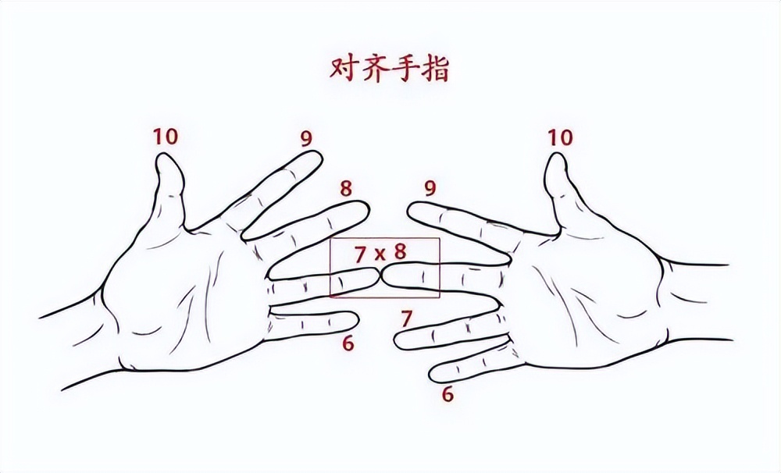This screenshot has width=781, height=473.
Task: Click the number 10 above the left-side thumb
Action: click(x=166, y=137)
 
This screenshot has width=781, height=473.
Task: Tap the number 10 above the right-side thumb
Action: click(x=560, y=138)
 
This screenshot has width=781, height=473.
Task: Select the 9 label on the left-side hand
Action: click(x=306, y=139)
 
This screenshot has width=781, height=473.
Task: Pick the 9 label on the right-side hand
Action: click(x=428, y=188)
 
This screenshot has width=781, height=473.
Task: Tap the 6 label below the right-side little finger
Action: click(x=448, y=394)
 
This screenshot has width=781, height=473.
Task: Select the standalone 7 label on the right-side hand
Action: click(x=406, y=318)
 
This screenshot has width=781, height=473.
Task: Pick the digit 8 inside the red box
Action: click(x=400, y=251)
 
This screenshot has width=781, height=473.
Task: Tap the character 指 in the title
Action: click(x=433, y=69)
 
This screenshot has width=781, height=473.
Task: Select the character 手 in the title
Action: click(x=404, y=69)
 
